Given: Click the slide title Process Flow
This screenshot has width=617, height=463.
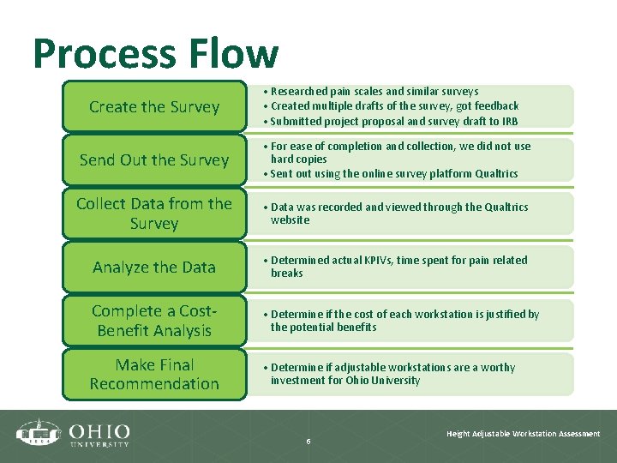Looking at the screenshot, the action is click(x=156, y=54).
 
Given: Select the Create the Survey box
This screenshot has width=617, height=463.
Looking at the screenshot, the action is click(x=154, y=107).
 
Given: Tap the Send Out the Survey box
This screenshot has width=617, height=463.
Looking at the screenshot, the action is click(x=154, y=160).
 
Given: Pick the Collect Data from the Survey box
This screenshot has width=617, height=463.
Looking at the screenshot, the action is click(x=154, y=213).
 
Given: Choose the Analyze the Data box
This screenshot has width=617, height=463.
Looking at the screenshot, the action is click(x=154, y=268).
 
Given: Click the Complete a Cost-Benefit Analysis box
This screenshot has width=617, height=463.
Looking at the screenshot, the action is click(x=154, y=321).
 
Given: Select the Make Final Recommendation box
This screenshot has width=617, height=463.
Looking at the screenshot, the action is click(x=154, y=375).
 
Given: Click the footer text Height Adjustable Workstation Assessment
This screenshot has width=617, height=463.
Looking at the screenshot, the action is click(x=523, y=434).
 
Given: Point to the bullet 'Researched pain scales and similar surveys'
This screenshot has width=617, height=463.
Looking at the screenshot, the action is click(x=374, y=91).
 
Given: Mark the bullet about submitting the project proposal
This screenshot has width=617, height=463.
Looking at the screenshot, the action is click(x=394, y=122).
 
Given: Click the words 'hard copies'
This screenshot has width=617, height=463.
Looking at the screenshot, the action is click(x=298, y=159).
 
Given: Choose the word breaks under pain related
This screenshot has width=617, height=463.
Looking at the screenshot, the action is click(x=287, y=274).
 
